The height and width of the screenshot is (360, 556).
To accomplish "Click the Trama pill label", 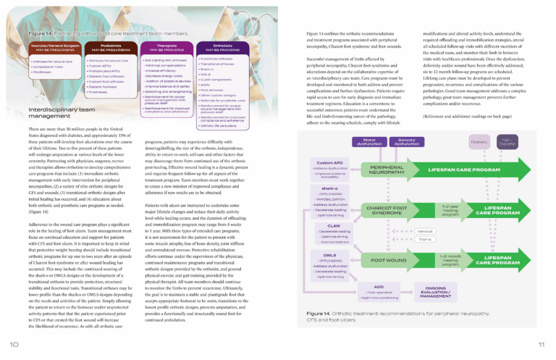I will (x=426, y=239).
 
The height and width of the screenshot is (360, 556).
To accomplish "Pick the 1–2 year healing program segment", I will (x=450, y=210).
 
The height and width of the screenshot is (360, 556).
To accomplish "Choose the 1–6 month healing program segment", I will (x=450, y=260).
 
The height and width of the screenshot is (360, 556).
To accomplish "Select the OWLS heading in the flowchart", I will (x=329, y=255).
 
